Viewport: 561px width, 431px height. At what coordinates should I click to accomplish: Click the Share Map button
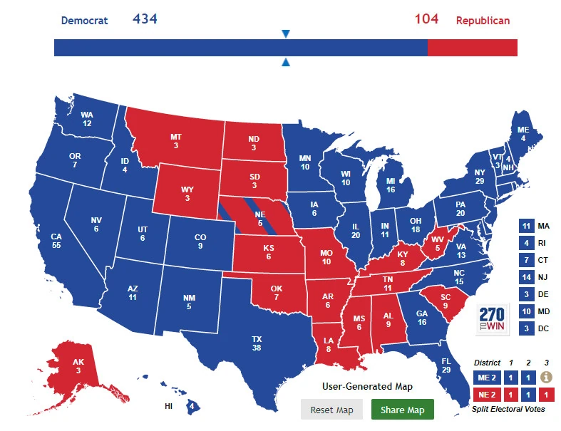point(402,410)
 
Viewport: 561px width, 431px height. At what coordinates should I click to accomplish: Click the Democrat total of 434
point(145,19)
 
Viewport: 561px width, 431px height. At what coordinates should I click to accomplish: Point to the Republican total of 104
point(426,19)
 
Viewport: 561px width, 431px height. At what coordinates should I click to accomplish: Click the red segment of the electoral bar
point(472,48)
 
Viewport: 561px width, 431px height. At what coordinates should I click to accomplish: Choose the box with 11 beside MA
point(527,226)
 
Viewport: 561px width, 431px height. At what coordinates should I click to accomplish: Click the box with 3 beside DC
point(527,328)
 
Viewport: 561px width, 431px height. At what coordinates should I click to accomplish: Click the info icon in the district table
point(547,377)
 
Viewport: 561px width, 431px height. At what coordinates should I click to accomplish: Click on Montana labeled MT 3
point(175,140)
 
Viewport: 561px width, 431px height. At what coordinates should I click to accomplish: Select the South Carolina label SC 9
point(444,301)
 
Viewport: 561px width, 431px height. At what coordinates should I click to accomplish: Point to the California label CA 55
point(56,240)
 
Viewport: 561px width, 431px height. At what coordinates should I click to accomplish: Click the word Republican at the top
point(483,20)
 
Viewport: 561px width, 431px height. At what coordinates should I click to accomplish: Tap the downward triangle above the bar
point(286,34)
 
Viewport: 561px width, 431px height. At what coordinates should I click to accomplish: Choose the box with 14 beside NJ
point(527,277)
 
